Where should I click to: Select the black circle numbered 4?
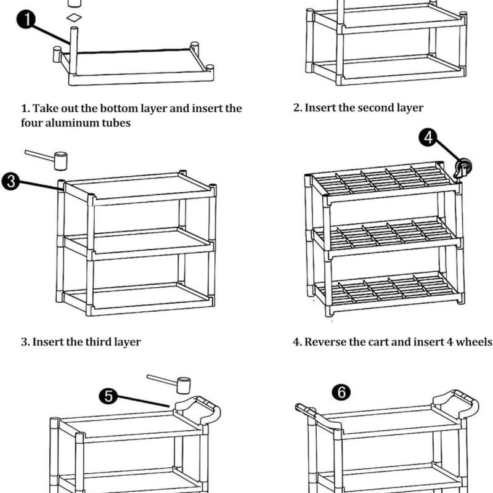pyautogui.click(x=430, y=139)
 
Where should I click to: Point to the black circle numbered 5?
pyautogui.click(x=109, y=396)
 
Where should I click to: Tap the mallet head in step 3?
pyautogui.click(x=60, y=162)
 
